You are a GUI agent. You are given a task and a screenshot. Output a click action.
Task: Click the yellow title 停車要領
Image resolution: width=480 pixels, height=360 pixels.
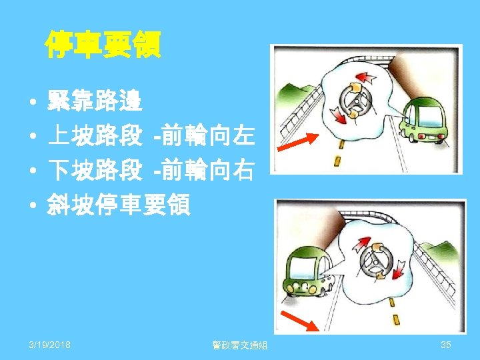tap(103, 45)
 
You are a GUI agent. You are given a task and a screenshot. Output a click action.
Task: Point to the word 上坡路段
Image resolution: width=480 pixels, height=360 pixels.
tap(94, 137)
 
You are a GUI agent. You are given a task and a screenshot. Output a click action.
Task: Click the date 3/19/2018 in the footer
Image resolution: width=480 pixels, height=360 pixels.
tap(51, 344)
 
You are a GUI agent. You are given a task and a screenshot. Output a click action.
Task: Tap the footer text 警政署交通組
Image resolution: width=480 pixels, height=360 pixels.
tap(239, 345)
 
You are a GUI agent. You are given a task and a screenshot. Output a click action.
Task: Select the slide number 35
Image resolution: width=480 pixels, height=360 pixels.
tap(446, 344)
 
